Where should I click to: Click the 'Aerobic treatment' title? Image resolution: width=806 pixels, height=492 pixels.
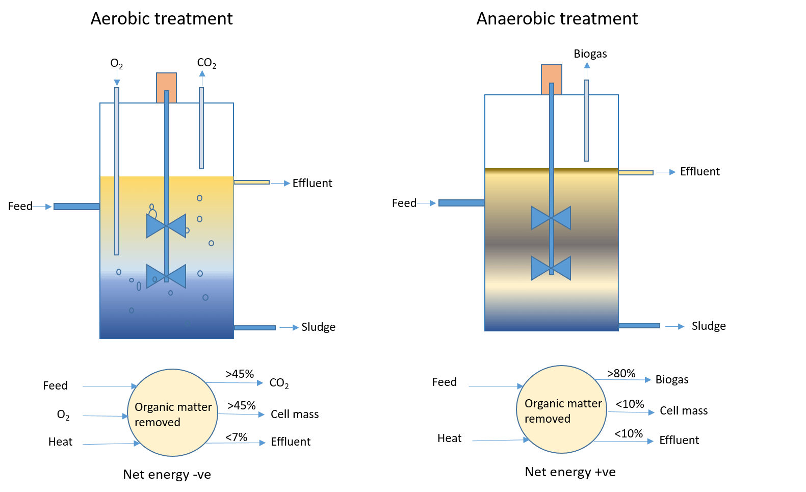(x=162, y=19)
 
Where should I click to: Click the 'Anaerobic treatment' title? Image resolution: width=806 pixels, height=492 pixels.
(x=557, y=19)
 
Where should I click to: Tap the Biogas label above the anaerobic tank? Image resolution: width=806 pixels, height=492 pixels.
(x=590, y=54)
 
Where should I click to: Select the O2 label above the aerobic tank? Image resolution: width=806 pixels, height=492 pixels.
(x=117, y=64)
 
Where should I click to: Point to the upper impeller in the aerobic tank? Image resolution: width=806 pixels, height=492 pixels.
(x=166, y=226)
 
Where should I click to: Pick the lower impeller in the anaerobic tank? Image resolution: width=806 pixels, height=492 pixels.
(x=551, y=268)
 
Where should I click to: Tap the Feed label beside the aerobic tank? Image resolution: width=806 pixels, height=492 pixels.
(x=20, y=206)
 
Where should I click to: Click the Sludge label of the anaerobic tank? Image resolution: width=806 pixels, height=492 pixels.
(x=709, y=326)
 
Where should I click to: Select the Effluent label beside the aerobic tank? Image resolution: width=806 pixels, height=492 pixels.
(x=312, y=183)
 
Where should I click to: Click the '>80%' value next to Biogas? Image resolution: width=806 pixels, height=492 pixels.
(x=621, y=373)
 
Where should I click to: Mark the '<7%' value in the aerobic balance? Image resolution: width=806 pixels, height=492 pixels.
(x=237, y=437)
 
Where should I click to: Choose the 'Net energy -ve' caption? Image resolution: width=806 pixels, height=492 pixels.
(x=167, y=475)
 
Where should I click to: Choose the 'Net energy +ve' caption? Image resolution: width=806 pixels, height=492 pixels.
(x=570, y=472)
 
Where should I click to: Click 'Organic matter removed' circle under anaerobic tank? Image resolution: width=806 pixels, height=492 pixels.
(x=562, y=409)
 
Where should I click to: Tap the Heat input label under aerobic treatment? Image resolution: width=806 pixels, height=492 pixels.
(x=60, y=442)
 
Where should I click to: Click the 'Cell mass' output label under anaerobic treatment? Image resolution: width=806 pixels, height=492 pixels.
(x=684, y=411)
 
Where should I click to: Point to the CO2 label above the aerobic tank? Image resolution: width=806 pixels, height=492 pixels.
(x=206, y=63)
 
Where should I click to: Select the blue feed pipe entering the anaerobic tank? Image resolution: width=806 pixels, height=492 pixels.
(x=461, y=203)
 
